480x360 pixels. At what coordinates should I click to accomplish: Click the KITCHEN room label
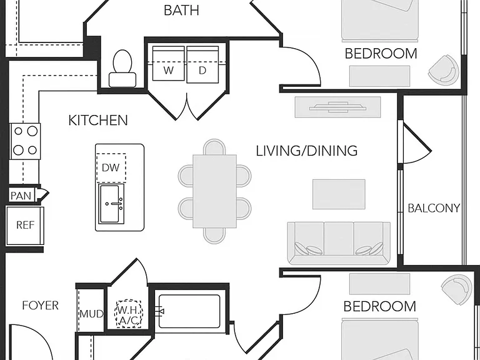point(98,120)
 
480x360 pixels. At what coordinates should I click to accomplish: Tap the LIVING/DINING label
point(307,151)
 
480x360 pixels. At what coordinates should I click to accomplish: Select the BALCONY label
point(434,208)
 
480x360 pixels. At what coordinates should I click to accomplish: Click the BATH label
point(181,10)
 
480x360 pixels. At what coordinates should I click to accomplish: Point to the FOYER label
point(41,305)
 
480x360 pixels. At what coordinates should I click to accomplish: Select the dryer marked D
point(202,64)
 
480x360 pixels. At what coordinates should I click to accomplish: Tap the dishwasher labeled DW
point(111,167)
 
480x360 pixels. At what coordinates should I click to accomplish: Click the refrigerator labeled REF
point(25,226)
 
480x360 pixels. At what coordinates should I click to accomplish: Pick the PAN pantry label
point(21,196)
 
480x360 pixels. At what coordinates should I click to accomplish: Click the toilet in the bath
point(122,69)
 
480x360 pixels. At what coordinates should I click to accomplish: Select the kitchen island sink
point(111,204)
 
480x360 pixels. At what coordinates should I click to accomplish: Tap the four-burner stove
point(25,141)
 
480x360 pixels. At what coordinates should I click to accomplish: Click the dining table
point(214,191)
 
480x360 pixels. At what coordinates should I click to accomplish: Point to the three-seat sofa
point(339,243)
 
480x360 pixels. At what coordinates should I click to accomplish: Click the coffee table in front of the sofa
point(339,194)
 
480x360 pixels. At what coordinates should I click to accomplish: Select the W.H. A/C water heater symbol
point(129,314)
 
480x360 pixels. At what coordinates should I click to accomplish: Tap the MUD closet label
point(91,314)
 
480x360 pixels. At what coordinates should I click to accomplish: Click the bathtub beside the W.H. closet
point(189,311)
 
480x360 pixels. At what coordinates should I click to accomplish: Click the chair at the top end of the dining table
point(214,147)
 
